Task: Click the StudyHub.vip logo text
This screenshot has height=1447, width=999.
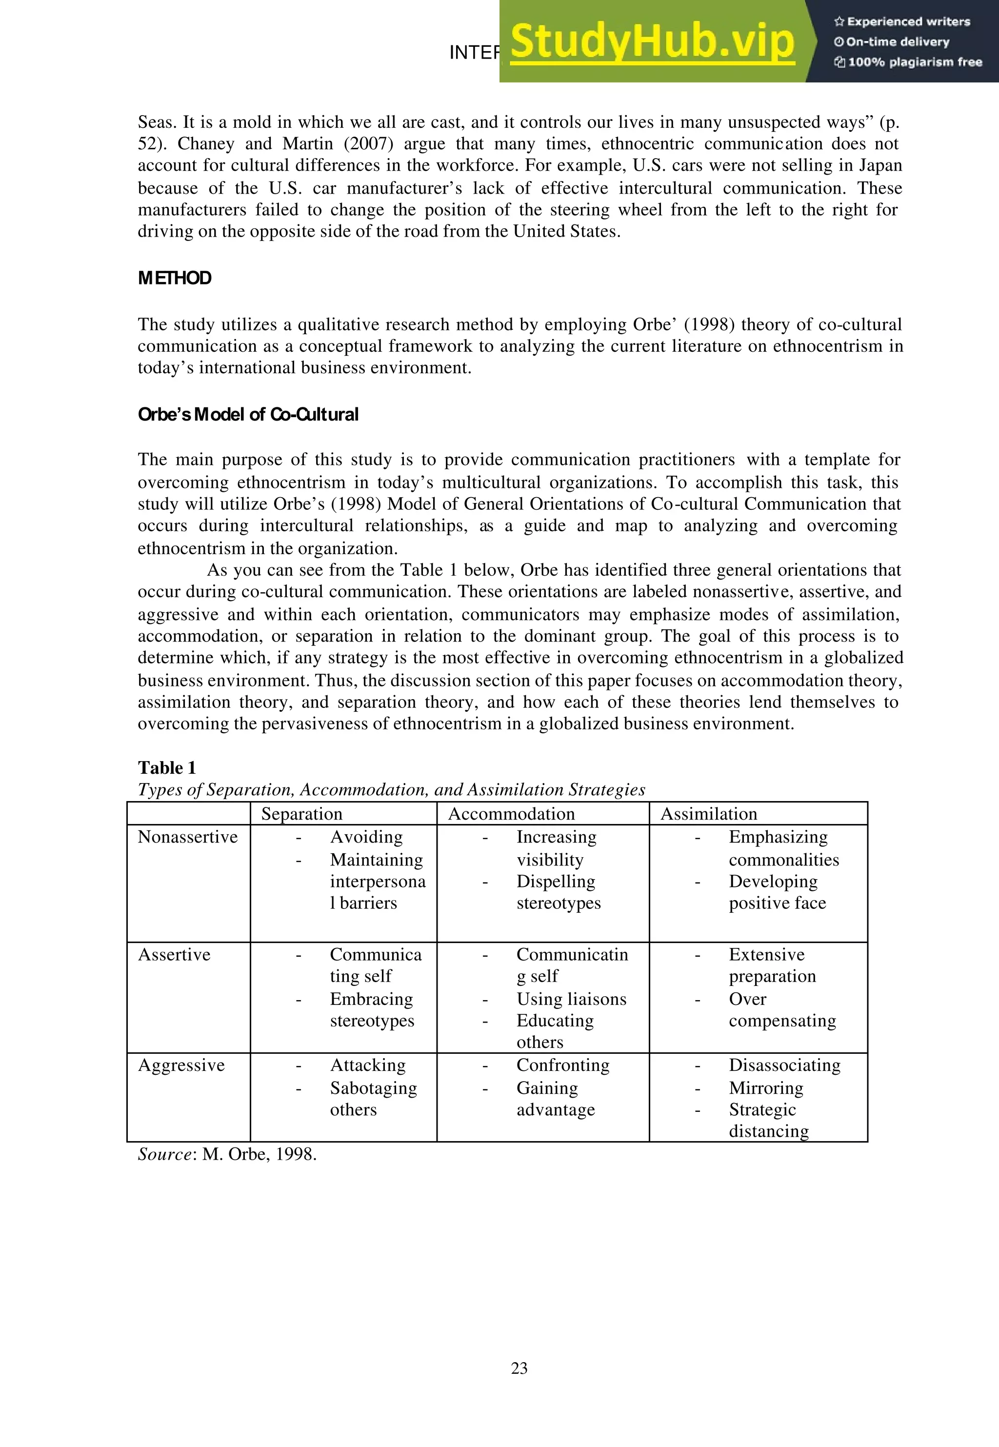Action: (x=652, y=41)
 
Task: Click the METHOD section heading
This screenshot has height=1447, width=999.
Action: (x=175, y=278)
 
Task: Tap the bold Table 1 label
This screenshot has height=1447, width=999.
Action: (x=167, y=767)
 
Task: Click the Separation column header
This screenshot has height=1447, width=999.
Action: (x=302, y=814)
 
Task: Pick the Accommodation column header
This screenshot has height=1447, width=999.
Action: (x=511, y=814)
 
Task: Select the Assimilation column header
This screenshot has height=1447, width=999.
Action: (x=709, y=814)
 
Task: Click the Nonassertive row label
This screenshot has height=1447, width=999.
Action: (x=188, y=837)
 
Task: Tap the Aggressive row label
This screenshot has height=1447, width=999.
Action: (x=181, y=1065)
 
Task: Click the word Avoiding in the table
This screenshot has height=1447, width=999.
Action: (x=366, y=837)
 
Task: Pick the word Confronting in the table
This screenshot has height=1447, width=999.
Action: (x=563, y=1065)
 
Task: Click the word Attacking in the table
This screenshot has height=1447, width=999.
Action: (x=367, y=1065)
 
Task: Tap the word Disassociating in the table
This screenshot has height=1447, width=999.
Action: (x=784, y=1065)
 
